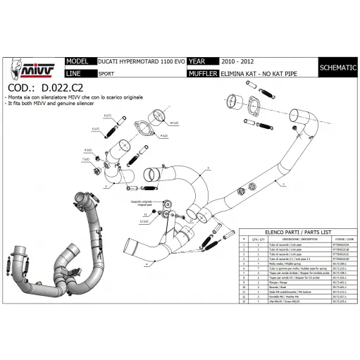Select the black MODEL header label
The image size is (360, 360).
[77, 61]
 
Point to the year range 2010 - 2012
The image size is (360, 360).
[233, 61]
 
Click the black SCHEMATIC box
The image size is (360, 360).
[333, 67]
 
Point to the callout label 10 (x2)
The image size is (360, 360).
[174, 123]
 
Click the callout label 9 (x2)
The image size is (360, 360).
[163, 135]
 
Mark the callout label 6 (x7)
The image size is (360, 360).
[107, 115]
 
